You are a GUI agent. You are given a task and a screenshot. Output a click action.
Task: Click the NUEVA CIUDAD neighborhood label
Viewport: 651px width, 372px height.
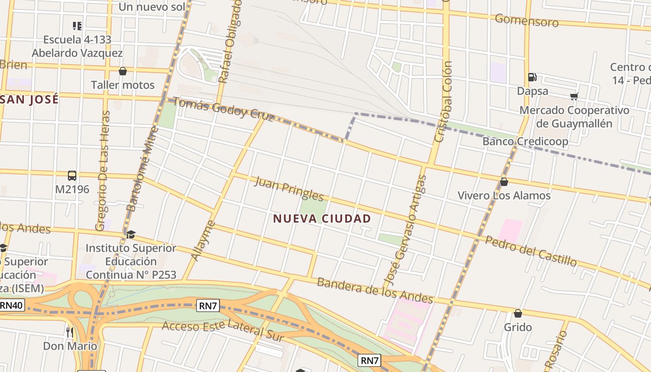coord(322,219)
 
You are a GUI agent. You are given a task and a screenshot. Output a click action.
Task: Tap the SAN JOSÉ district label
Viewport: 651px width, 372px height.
coord(30,99)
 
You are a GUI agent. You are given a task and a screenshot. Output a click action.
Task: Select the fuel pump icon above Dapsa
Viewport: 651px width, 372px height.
coord(532,77)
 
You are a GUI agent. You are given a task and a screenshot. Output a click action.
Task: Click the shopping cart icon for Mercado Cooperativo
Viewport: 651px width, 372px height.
coord(574,96)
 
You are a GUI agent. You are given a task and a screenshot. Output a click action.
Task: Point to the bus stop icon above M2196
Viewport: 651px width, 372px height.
coord(72,176)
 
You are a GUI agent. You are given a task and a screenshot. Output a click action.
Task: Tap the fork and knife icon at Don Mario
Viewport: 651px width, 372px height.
coord(70,332)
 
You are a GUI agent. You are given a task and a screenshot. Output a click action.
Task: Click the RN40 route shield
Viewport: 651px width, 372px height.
coord(12,306)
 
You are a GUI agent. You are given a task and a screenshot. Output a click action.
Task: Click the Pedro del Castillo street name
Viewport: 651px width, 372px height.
coord(531,251)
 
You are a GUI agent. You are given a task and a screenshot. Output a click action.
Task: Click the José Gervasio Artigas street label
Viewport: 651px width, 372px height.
coord(406,230)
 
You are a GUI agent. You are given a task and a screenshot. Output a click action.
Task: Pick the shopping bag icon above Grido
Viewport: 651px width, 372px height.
coord(518,313)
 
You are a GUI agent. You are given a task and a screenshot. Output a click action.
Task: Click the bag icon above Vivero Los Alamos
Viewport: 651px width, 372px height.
coord(504,182)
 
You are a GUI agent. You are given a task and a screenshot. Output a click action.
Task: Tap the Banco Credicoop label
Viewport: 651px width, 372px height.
coord(525,141)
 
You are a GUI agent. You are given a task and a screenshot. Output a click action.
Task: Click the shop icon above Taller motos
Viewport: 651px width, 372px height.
coord(123,71)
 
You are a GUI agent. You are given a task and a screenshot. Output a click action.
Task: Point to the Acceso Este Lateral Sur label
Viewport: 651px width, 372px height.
coord(222,331)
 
